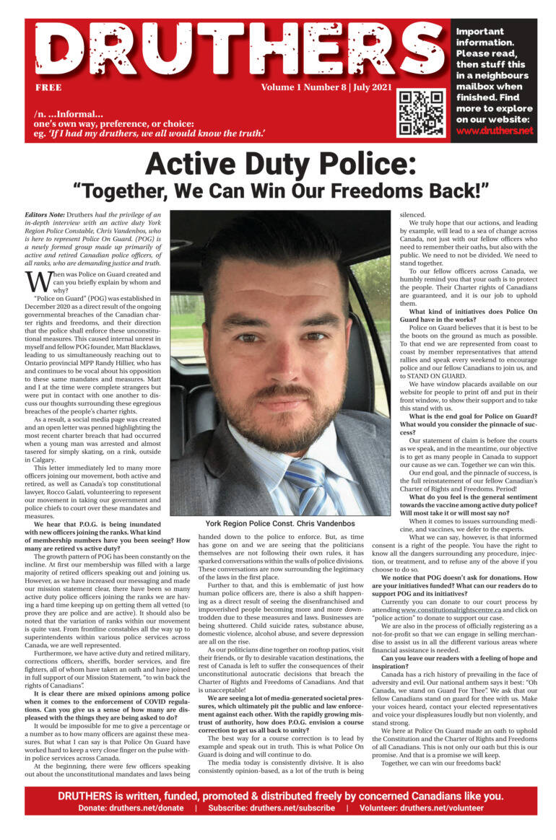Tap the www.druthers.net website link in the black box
pyautogui.click(x=495, y=131)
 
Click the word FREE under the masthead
pyautogui.click(x=48, y=87)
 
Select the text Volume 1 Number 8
pyautogui.click(x=303, y=87)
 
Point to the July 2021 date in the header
pyautogui.click(x=372, y=87)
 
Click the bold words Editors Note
pyautogui.click(x=43, y=216)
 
